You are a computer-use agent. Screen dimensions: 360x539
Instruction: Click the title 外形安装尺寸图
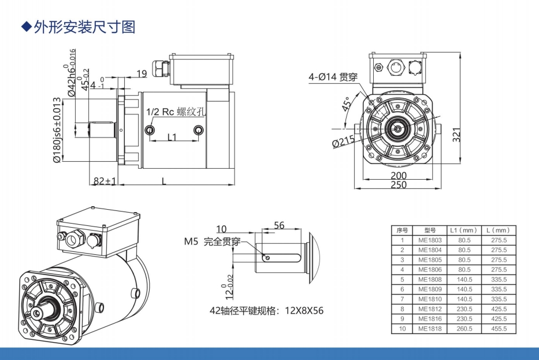pyautogui.click(x=84, y=27)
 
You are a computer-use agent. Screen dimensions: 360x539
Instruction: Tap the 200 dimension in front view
pyautogui.click(x=398, y=175)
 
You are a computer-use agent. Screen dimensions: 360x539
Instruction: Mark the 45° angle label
pyautogui.click(x=346, y=106)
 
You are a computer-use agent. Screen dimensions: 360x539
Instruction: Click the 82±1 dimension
pyautogui.click(x=105, y=181)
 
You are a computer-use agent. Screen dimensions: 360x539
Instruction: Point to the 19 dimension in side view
pyautogui.click(x=142, y=73)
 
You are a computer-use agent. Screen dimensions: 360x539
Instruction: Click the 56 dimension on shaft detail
pyautogui.click(x=279, y=226)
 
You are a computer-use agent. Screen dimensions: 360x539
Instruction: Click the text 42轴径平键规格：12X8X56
pyautogui.click(x=266, y=310)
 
